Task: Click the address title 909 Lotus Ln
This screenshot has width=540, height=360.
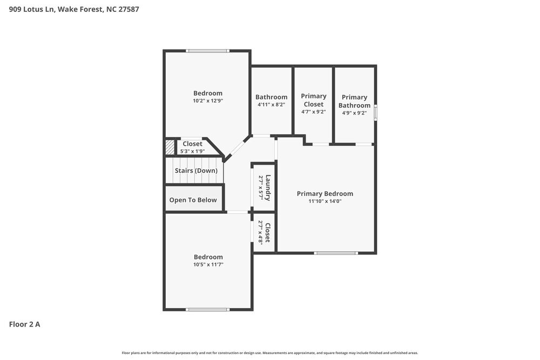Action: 74,9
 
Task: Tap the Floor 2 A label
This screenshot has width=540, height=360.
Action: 24,324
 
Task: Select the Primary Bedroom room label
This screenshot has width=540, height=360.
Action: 325,194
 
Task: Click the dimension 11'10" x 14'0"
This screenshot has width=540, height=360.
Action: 325,201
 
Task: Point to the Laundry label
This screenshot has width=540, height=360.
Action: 268,187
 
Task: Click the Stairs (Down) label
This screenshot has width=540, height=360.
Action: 196,171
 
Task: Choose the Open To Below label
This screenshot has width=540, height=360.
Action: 193,200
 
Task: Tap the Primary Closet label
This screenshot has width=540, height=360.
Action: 314,100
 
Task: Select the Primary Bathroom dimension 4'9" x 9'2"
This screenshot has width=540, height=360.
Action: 354,113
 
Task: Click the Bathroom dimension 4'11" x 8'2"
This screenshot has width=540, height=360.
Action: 272,105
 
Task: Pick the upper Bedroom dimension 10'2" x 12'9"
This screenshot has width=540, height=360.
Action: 208,100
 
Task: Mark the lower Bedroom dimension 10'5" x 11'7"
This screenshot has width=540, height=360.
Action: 208,264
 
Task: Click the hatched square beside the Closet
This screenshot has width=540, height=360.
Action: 170,147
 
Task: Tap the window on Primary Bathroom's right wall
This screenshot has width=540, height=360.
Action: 376,113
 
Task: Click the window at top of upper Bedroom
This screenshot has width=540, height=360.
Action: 207,51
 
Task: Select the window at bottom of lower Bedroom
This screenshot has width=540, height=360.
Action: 207,309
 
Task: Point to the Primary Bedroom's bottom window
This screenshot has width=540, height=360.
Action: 335,253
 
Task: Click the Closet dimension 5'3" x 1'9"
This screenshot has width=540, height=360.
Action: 193,151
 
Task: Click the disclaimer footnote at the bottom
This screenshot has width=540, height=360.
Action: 270,353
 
